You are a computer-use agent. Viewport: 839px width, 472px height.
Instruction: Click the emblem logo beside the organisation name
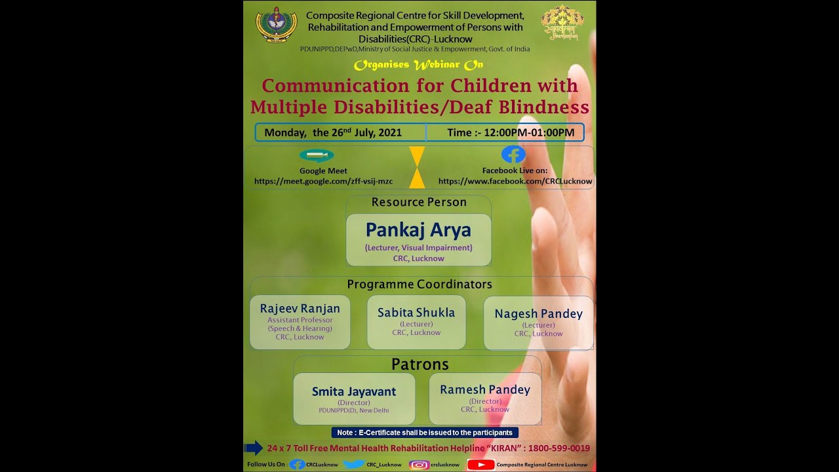click(276, 25)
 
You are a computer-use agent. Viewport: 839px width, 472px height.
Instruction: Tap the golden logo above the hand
click(562, 24)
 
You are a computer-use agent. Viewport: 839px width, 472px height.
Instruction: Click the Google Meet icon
click(317, 156)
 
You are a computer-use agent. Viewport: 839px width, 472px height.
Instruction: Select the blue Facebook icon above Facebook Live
click(513, 155)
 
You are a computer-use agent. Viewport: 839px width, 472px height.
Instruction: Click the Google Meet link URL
click(323, 182)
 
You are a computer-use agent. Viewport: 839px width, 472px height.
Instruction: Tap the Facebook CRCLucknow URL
click(515, 182)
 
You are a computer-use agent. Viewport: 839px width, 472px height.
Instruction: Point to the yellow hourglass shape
click(417, 167)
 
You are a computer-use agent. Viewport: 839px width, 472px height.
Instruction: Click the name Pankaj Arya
click(418, 230)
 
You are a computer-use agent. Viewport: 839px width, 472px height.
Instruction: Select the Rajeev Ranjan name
click(300, 309)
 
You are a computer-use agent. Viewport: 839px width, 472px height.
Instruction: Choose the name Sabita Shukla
click(416, 313)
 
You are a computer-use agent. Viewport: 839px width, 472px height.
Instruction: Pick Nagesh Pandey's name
click(538, 314)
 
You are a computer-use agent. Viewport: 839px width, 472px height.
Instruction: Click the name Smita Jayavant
click(354, 392)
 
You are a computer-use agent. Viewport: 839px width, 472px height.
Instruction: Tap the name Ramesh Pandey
click(485, 390)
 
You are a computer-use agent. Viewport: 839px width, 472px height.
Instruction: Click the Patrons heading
click(420, 364)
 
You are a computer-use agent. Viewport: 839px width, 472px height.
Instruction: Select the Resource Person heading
click(419, 203)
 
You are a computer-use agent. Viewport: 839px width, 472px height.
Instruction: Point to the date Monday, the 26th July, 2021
click(333, 132)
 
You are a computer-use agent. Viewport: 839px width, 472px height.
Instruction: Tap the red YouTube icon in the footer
click(481, 465)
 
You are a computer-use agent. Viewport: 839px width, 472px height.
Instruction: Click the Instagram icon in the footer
click(419, 465)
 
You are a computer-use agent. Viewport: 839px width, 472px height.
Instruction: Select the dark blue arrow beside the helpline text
click(253, 448)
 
